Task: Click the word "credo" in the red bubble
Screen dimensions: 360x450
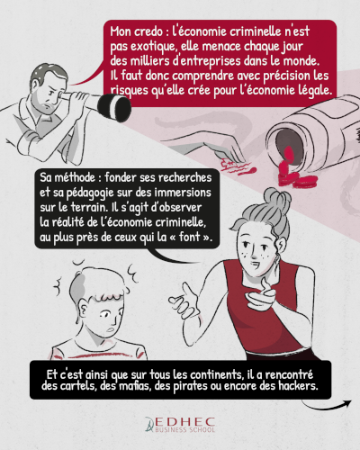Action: (147, 31)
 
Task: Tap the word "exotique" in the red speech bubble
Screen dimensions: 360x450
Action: (153, 47)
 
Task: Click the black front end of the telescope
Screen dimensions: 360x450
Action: (116, 107)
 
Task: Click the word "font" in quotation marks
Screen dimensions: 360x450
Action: (189, 237)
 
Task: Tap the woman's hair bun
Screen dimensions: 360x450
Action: (277, 199)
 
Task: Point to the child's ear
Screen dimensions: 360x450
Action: (84, 310)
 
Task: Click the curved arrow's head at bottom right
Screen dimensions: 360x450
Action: (347, 403)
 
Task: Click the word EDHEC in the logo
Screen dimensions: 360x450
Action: (184, 421)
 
